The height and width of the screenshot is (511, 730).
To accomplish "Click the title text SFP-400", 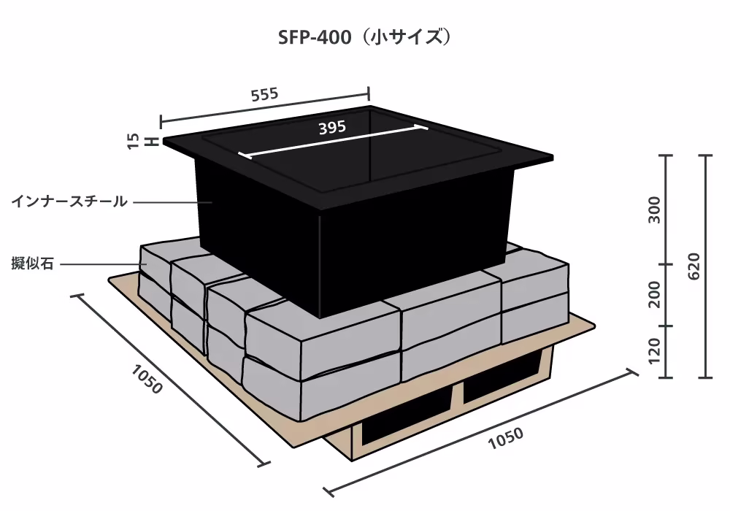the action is tap(314, 37).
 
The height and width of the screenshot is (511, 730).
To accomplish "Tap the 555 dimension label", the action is tap(264, 94).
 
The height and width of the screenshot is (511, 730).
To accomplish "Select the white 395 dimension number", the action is tap(332, 127).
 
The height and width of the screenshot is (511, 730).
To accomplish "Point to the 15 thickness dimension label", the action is tap(133, 141).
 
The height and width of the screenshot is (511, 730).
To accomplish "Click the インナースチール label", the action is tap(69, 201).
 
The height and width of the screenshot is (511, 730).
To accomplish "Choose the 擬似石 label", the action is tap(33, 264).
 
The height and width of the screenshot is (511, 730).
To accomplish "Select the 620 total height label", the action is tap(693, 266).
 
